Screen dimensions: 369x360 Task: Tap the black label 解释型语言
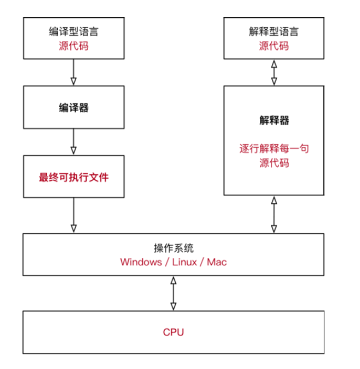(273, 31)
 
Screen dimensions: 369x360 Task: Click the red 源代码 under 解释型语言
(273, 46)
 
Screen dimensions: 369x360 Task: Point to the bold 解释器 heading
(273, 121)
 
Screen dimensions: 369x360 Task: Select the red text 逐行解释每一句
(273, 149)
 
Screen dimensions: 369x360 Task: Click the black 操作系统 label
(173, 247)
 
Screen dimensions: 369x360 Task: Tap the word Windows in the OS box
(141, 262)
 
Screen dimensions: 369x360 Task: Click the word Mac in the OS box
(217, 262)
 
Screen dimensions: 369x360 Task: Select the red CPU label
(173, 332)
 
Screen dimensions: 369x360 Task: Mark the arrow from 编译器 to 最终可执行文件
(73, 142)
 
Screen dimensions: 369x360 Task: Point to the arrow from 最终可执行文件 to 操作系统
(73, 215)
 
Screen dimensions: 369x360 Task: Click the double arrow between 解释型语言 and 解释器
(273, 72)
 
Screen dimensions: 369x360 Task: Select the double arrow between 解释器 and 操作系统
(273, 215)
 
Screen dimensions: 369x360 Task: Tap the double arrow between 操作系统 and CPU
(173, 294)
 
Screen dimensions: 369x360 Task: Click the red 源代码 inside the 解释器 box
(273, 164)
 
